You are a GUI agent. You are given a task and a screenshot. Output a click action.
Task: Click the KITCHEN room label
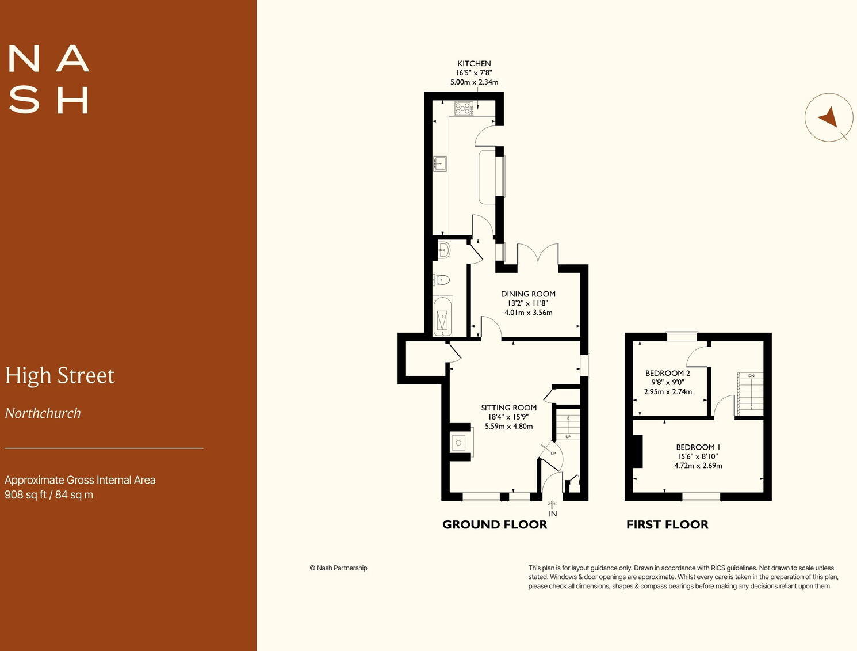474,64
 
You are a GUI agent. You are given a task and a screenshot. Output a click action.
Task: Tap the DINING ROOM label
528,294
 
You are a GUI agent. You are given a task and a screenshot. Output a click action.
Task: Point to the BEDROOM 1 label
698,447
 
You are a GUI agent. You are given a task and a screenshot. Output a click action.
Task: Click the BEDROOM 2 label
667,374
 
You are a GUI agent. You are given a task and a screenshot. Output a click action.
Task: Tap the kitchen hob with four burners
463,108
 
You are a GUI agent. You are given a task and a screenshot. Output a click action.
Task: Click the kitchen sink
440,164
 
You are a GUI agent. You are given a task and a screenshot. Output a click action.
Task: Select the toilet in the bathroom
441,280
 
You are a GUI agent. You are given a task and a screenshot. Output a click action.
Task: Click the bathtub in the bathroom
442,316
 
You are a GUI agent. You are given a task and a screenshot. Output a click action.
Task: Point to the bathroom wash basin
443,250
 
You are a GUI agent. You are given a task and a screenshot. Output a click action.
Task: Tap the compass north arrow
828,117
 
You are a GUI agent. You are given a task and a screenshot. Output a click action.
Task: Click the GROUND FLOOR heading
495,524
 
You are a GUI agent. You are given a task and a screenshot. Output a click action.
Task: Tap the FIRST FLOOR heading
667,524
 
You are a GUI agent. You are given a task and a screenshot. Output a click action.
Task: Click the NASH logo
49,80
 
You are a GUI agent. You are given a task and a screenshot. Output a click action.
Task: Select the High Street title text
60,376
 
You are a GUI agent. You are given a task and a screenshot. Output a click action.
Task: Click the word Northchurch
43,413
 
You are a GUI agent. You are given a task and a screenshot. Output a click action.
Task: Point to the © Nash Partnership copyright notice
338,568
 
